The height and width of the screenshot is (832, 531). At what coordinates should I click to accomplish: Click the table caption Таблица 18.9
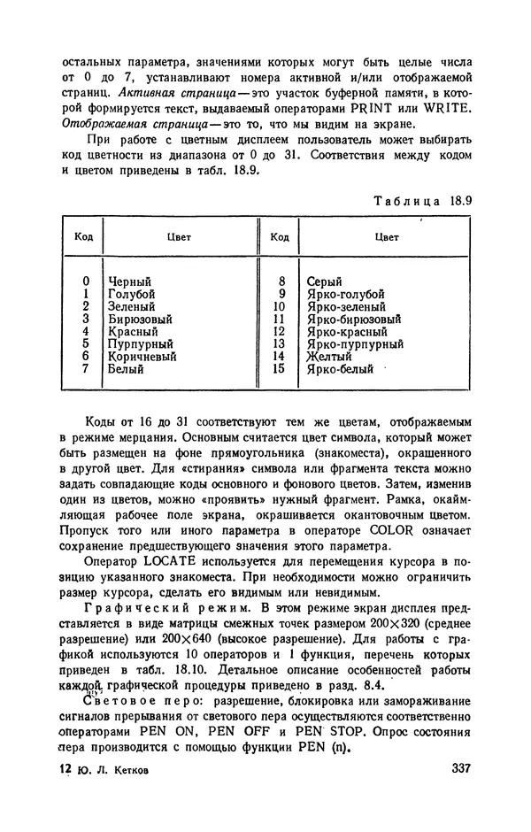click(x=422, y=200)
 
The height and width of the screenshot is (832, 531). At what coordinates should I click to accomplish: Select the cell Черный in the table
click(x=129, y=281)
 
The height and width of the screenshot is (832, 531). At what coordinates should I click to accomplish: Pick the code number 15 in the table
click(x=279, y=369)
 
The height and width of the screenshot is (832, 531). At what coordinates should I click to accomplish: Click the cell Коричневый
click(x=142, y=357)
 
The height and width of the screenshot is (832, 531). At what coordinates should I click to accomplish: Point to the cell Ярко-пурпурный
click(x=353, y=344)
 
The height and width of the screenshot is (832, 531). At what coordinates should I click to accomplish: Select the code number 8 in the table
click(x=281, y=281)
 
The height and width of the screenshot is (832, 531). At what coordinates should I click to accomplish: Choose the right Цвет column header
click(x=387, y=237)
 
